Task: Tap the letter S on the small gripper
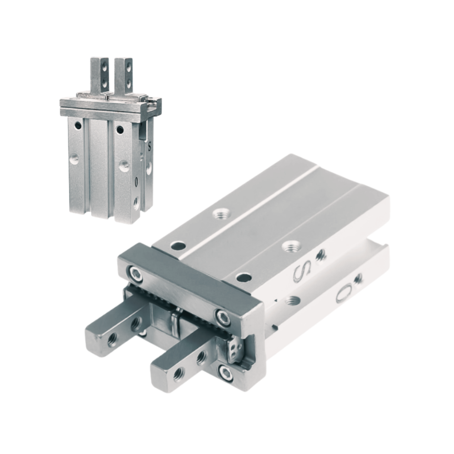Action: coord(150,146)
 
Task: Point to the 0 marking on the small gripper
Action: coord(136,182)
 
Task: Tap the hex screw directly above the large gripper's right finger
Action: coord(222,316)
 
